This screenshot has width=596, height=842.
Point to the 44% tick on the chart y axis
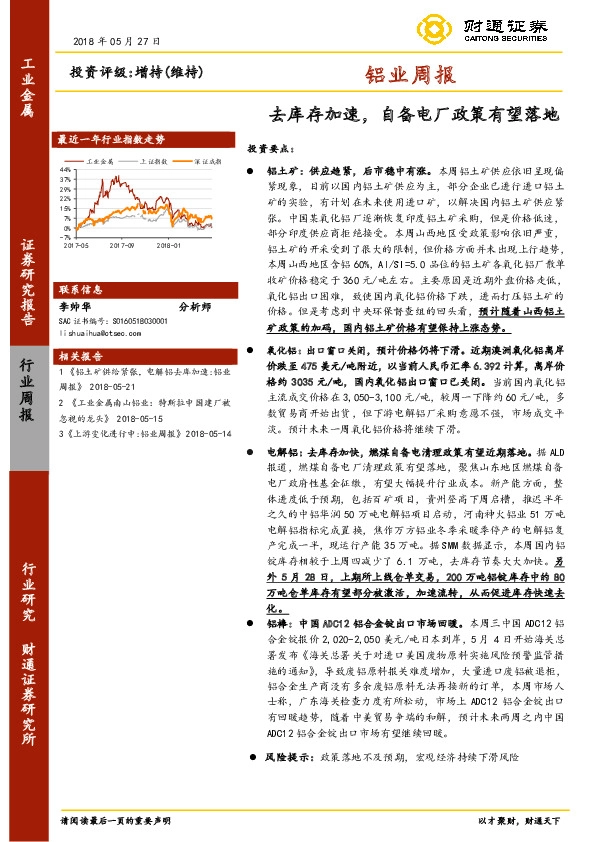[x=66, y=171]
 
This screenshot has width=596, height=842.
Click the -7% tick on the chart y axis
[x=67, y=235]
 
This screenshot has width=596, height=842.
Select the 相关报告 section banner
[x=81, y=355]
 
